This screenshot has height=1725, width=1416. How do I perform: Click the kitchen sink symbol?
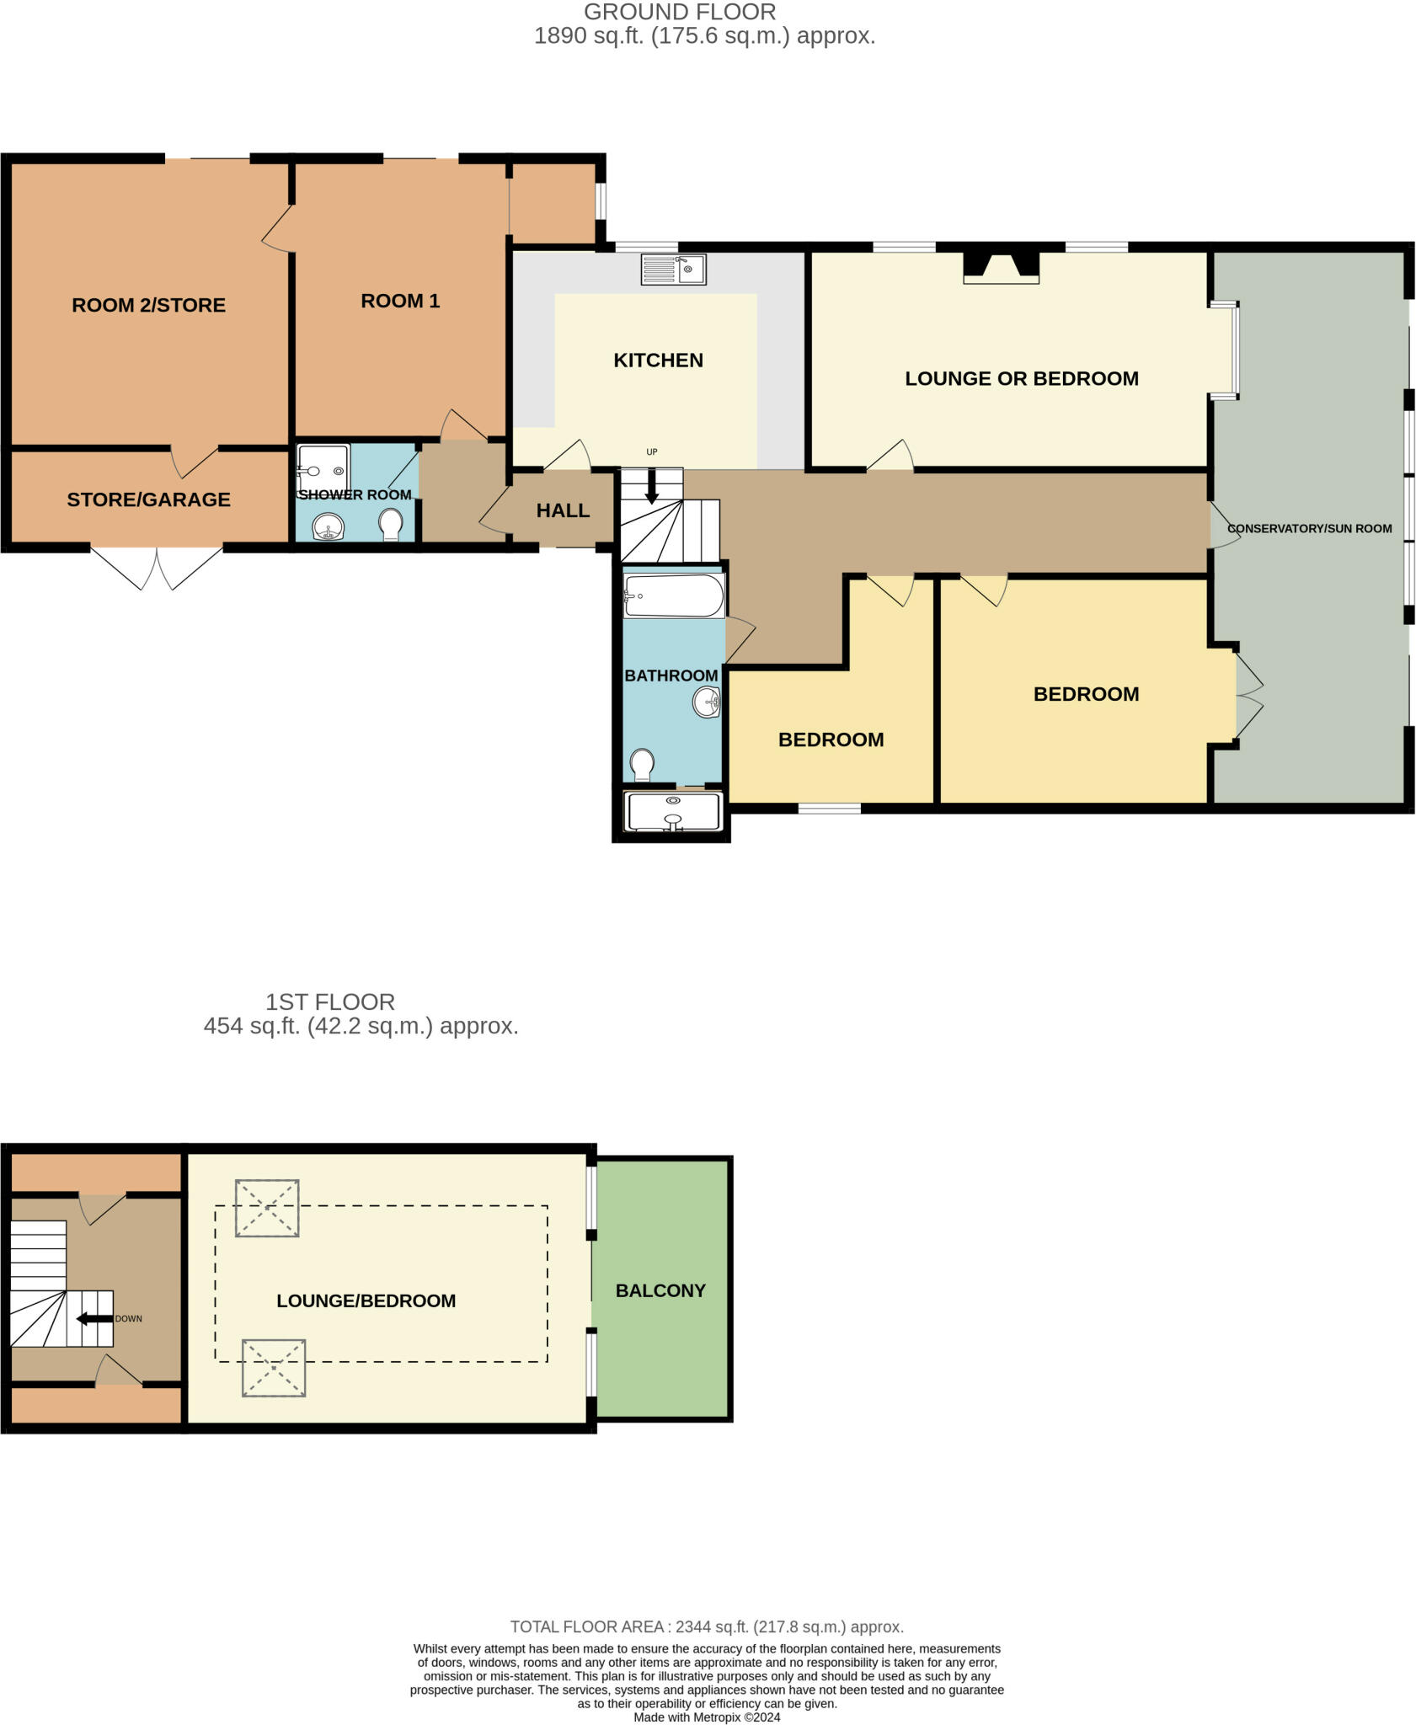673,270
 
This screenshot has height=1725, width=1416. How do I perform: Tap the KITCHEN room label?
658,360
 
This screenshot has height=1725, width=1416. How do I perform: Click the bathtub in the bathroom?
673,596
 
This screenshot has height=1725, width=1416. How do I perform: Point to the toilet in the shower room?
391,525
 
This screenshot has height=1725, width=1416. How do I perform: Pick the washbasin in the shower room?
329,528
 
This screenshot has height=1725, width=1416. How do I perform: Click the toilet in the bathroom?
643,765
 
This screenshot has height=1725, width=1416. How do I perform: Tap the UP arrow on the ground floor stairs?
651,489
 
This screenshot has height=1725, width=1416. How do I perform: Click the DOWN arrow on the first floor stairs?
94,1319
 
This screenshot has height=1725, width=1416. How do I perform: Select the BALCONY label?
660,1291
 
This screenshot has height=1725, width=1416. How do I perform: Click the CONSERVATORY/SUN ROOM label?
1309,529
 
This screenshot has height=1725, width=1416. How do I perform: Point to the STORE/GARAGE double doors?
157,569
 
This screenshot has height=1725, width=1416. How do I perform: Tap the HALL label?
563,510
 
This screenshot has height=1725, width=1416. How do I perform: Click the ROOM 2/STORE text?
148,306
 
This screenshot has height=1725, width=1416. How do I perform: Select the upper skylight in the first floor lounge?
267,1208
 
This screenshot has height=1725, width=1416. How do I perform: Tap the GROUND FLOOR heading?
679,13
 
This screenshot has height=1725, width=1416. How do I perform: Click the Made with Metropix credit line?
707,1717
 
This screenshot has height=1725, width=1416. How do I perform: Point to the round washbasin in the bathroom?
707,702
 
